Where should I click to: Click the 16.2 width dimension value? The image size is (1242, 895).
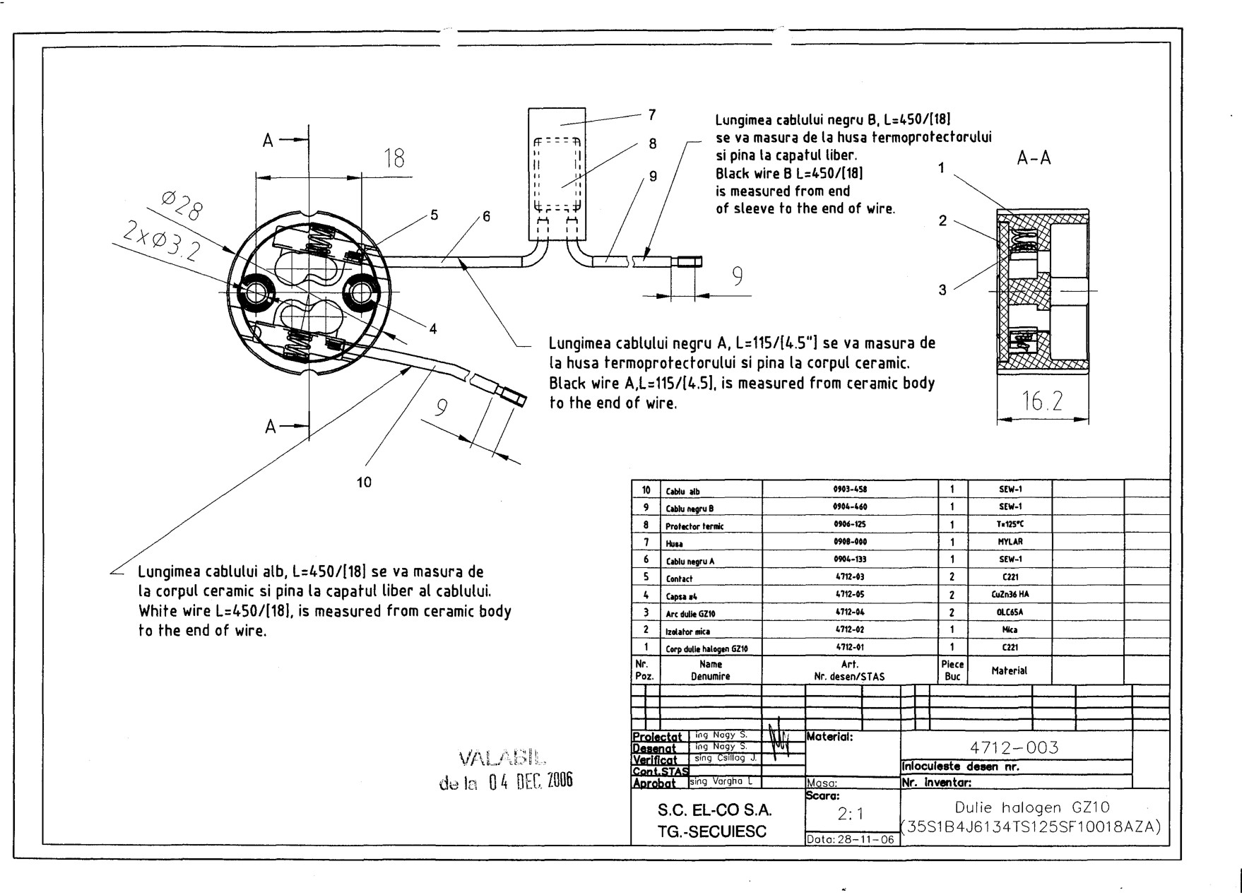1042,401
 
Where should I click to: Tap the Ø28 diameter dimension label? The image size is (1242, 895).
182,208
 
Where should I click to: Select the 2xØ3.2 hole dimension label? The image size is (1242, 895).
161,241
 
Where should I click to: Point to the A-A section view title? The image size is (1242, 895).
1034,158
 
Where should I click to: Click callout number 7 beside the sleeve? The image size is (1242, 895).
652,114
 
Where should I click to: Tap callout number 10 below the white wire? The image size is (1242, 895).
364,482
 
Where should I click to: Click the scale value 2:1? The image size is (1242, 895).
852,814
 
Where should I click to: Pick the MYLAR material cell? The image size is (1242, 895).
1010,542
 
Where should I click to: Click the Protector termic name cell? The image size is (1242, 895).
694,526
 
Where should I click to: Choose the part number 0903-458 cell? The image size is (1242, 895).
850,490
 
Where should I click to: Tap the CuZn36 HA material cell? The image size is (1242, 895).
1009,595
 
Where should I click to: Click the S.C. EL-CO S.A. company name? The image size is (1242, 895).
715,810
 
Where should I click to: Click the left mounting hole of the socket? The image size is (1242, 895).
254,291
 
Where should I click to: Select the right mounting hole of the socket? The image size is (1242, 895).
362,290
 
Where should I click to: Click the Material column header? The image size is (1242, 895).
1009,670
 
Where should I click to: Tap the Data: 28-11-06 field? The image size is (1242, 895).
851,840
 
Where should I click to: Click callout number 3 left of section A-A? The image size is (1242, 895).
942,290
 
